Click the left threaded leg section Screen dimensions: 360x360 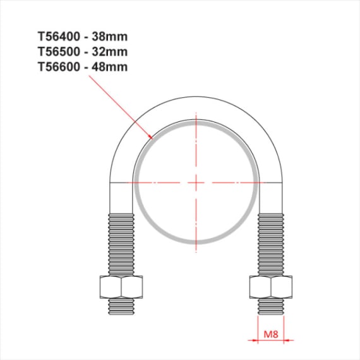(x=121, y=244)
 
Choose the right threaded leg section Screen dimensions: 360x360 (x=270, y=244)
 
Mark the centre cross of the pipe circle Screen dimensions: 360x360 (x=196, y=182)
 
